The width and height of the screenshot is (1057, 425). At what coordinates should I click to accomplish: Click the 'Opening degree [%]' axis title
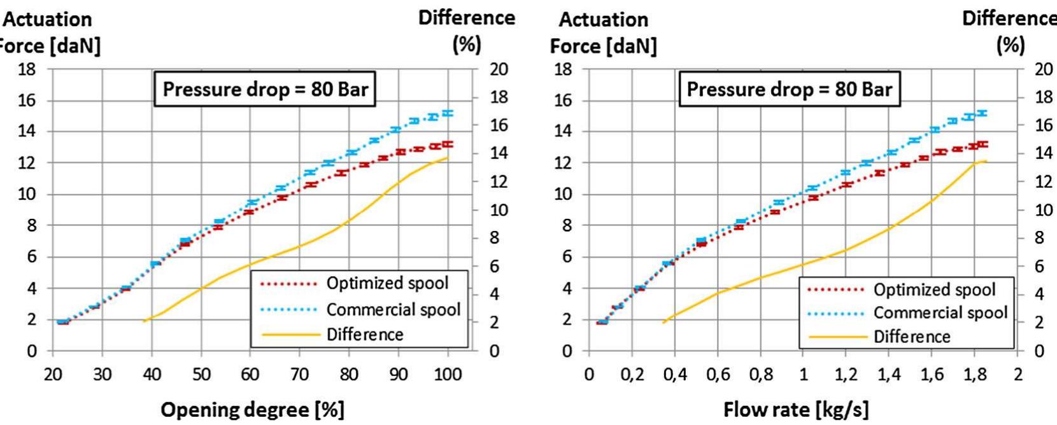pos(252,409)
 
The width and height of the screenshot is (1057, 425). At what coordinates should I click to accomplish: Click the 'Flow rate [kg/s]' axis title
pos(795,409)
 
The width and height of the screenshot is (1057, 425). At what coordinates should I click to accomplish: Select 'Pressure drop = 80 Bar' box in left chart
pos(265,89)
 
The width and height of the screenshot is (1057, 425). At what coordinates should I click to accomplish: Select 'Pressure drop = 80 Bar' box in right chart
pos(789,89)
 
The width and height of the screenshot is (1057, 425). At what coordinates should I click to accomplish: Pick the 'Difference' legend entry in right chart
pos(911,337)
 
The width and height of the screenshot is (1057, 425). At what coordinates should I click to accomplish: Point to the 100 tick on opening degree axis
pos(448,373)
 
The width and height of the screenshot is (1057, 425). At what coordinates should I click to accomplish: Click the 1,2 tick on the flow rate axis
pos(846,373)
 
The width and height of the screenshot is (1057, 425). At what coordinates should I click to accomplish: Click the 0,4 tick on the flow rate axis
pos(675,373)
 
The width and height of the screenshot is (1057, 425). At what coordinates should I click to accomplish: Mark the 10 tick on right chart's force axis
pos(562,194)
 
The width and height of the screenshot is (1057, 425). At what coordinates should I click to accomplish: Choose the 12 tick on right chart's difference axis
pos(1043,181)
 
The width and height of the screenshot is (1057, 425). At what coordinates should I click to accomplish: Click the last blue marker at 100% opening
pos(448,113)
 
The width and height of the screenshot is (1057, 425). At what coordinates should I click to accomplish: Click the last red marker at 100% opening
pos(448,144)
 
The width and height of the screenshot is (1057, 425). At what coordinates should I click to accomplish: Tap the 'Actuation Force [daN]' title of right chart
pos(603,33)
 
